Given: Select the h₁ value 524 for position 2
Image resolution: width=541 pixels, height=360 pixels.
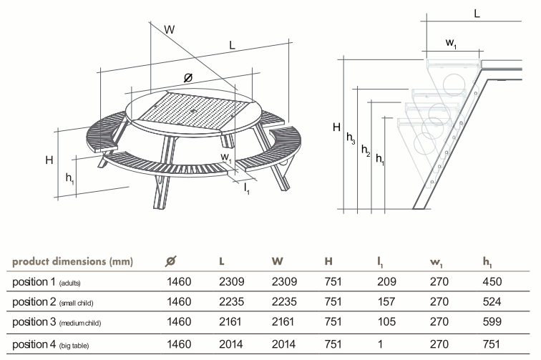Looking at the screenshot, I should click(x=496, y=302).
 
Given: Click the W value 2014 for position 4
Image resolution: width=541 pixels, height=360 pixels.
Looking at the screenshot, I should click(x=284, y=344).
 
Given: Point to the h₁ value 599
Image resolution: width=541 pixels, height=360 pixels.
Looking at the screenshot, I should click(x=496, y=323).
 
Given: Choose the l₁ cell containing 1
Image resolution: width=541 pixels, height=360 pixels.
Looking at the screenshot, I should click(x=387, y=344).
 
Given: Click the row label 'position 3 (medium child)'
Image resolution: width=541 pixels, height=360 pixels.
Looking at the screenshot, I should click(x=57, y=323).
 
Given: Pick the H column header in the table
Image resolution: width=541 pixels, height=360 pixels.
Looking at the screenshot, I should click(x=329, y=261).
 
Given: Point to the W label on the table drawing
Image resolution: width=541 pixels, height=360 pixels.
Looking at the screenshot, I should click(x=170, y=30).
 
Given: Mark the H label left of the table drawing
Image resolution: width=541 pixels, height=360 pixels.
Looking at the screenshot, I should click(x=49, y=160).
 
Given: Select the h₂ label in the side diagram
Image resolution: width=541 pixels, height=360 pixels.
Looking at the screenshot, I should click(x=366, y=150).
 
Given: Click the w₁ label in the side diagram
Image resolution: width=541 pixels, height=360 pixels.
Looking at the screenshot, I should click(x=452, y=44).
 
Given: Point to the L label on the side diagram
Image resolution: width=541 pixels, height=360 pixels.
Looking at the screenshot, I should click(x=477, y=14).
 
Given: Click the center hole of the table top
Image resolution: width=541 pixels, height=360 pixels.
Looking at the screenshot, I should click(x=194, y=112).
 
